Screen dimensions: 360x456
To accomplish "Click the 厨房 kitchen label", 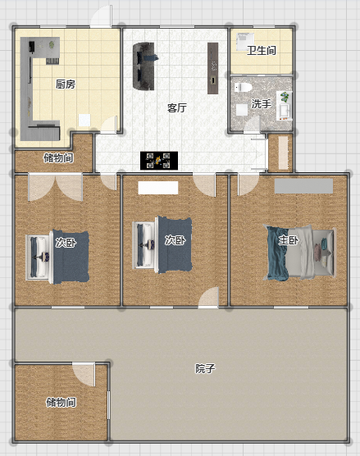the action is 66,84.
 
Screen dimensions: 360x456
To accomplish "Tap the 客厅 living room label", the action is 177,108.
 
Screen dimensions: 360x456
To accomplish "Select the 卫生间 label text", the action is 262,51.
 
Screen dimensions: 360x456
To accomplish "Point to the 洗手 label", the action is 261,104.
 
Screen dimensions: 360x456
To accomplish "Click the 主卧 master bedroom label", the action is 289,240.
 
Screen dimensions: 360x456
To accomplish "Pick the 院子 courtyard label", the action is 205,368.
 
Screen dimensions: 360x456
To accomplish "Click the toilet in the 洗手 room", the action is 243,87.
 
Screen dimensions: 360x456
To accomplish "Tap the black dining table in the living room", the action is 159,161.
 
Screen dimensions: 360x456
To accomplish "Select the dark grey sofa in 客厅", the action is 144,66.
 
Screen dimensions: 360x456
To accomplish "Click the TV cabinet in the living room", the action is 212,68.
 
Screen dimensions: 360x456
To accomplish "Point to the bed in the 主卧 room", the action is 299,253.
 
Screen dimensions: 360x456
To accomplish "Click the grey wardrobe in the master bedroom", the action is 303,186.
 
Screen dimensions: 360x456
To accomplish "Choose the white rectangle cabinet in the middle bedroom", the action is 158,188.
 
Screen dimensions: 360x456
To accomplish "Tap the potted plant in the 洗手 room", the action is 285,97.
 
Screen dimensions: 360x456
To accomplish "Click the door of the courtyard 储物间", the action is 84,375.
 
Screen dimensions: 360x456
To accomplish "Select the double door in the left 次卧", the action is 55,187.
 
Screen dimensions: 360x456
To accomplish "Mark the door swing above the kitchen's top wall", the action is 101,16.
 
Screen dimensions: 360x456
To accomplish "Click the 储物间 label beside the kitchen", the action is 58,158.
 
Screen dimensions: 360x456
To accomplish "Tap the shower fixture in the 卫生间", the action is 245,42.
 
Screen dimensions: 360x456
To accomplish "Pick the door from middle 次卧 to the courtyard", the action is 208,298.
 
